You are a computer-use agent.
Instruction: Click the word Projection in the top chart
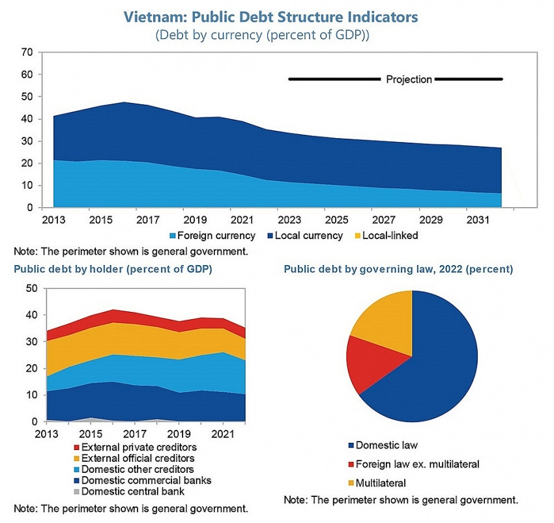click(x=409, y=79)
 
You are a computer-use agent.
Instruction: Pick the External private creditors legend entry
click(x=134, y=447)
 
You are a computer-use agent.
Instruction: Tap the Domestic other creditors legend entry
click(x=134, y=469)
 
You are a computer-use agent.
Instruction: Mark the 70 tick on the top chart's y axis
click(x=27, y=52)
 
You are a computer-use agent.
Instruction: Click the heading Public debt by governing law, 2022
click(x=398, y=269)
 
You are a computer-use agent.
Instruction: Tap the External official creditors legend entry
click(x=134, y=458)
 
